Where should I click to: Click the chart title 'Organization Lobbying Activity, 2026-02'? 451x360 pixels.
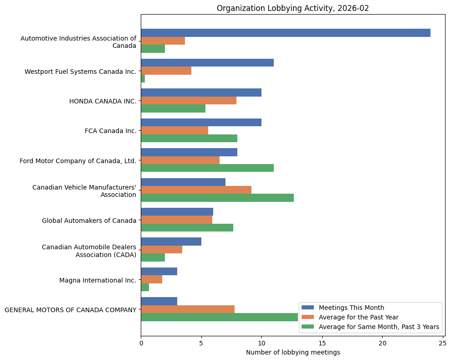click(293, 8)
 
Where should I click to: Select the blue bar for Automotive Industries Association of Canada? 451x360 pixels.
click(285, 33)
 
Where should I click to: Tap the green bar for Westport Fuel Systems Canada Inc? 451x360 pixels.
click(143, 79)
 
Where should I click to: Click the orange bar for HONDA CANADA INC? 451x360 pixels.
click(189, 101)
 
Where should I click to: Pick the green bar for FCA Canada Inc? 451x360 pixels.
click(189, 139)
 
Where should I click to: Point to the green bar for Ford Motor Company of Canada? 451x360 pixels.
click(207, 168)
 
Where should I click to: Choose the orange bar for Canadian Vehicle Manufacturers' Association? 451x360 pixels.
click(196, 190)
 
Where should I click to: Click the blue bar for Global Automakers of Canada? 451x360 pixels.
click(177, 212)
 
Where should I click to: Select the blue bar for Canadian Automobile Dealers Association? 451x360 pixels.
click(171, 242)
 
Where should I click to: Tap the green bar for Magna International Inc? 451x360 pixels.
click(145, 288)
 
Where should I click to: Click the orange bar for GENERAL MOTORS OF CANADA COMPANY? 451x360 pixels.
click(188, 309)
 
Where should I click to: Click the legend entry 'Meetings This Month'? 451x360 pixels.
click(351, 307)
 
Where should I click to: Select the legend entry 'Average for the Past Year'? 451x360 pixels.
click(359, 317)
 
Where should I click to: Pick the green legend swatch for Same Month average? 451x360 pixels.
click(308, 327)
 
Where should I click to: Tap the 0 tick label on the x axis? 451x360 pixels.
click(141, 343)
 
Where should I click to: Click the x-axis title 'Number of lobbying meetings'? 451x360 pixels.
click(293, 352)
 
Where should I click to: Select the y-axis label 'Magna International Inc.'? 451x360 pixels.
click(97, 280)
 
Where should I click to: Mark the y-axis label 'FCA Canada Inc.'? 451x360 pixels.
click(110, 131)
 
